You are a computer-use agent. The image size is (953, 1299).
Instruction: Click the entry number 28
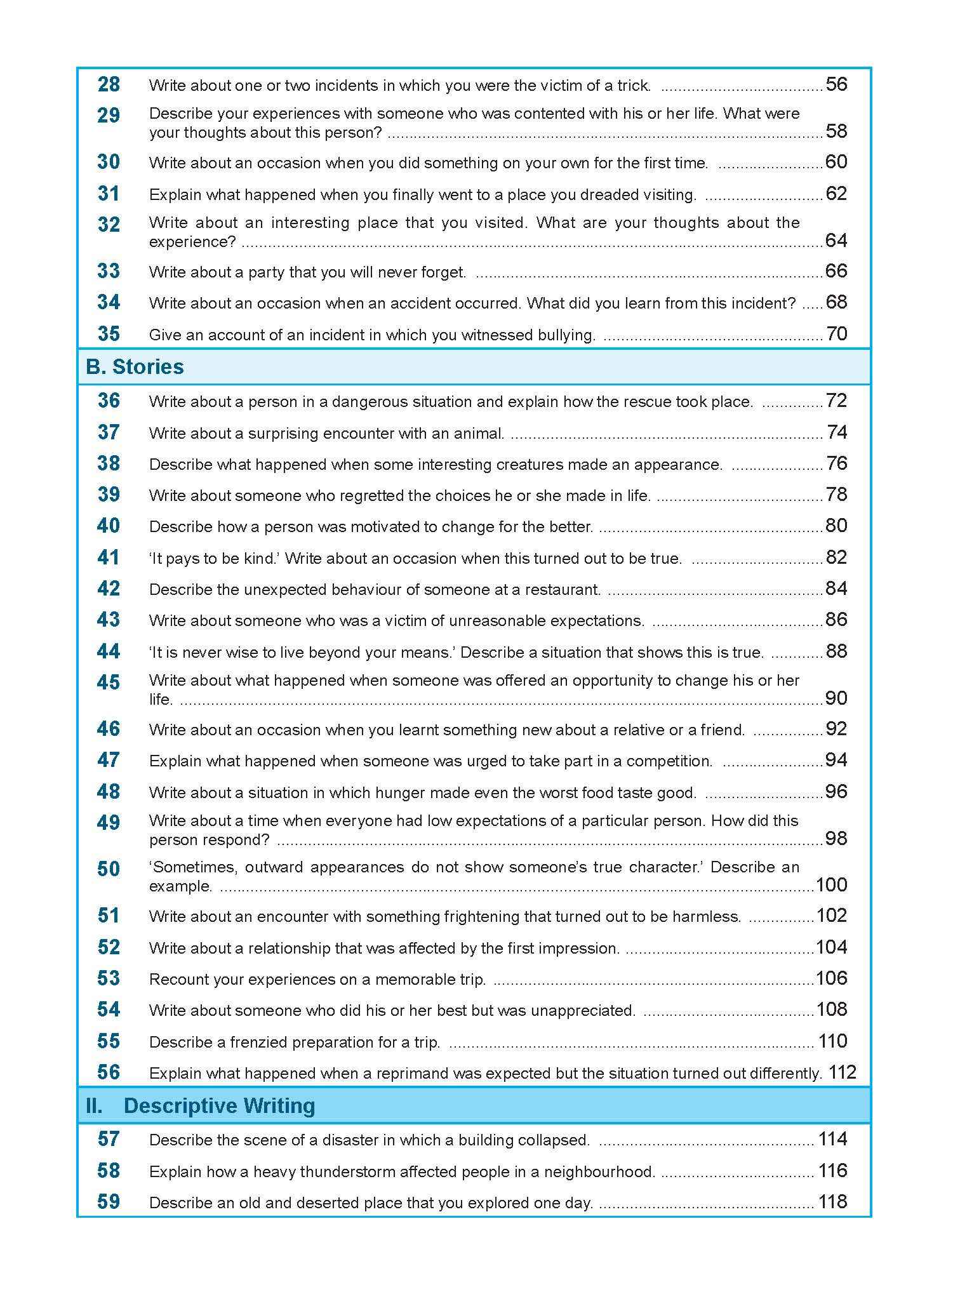click(x=109, y=84)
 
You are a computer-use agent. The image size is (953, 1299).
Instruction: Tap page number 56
click(x=836, y=84)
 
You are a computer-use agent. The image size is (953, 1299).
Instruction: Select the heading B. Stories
click(x=135, y=367)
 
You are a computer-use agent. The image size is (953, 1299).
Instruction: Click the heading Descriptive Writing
click(x=219, y=1105)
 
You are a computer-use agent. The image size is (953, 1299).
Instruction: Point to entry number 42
click(x=109, y=589)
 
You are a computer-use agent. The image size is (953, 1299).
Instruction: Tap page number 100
click(x=831, y=884)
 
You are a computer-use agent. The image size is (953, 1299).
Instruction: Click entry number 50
click(x=109, y=869)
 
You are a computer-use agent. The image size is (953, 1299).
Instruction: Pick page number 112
click(x=843, y=1072)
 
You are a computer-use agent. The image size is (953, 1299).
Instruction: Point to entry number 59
click(x=109, y=1202)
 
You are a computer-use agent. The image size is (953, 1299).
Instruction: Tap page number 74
click(x=837, y=432)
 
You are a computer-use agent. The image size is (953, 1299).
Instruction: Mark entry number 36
click(x=109, y=401)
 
